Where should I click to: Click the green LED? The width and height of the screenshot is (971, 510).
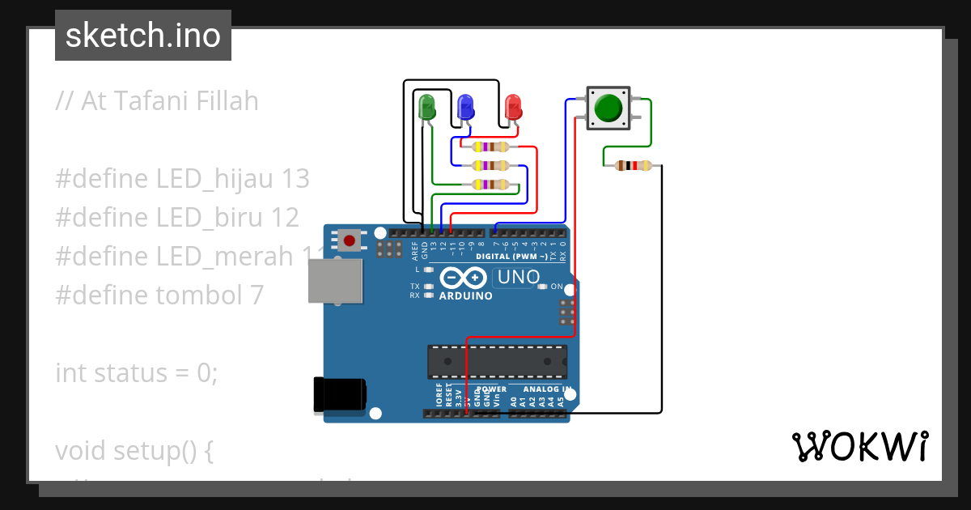(426, 107)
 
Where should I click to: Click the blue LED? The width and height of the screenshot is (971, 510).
(465, 107)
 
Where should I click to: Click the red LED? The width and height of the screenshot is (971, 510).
(513, 107)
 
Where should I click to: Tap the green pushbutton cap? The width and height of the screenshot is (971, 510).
(608, 108)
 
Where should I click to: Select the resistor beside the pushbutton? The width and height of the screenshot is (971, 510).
(633, 166)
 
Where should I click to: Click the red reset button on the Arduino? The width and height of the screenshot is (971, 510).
(350, 240)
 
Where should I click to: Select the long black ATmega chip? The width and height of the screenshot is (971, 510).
(496, 361)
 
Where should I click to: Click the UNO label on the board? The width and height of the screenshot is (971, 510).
(518, 278)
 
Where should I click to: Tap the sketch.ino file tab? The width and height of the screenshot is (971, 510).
(143, 36)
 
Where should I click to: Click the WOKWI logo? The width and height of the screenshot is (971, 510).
(859, 446)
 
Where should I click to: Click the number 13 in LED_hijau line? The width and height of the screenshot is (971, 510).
(295, 178)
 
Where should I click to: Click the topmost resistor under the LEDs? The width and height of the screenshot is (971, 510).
(490, 147)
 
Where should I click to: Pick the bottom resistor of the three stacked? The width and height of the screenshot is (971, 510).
(490, 185)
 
